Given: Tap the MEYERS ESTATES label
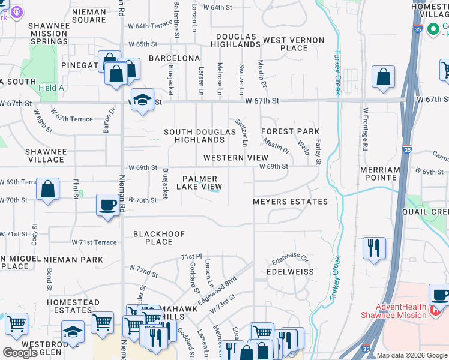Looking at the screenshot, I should (x=291, y=202).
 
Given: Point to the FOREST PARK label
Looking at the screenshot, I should (x=290, y=131).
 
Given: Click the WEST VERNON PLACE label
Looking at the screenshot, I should (x=294, y=44).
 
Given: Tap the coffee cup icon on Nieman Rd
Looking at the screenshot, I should (x=108, y=205).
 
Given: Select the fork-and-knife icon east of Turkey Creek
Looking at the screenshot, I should (x=374, y=248).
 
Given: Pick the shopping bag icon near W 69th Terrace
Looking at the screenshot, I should (x=48, y=189).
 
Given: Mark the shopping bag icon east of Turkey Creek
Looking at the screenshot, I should (x=383, y=77).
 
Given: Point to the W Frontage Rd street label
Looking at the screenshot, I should (x=364, y=129).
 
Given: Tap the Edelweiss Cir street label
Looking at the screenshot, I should (x=289, y=258).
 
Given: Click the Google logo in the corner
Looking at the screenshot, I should (x=20, y=353).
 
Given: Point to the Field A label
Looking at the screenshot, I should (x=51, y=88).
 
